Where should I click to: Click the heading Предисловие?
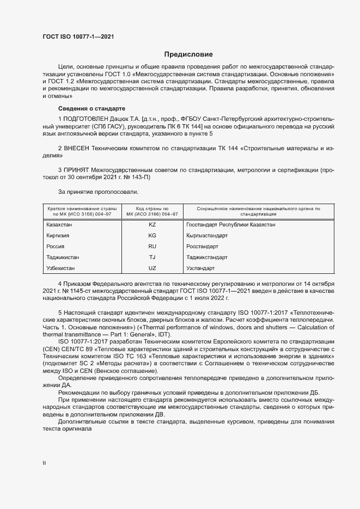[x=188, y=54]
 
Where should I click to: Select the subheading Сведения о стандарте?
[x=91, y=108]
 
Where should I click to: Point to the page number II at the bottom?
[x=44, y=463]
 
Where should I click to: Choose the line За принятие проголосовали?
[x=97, y=192]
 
